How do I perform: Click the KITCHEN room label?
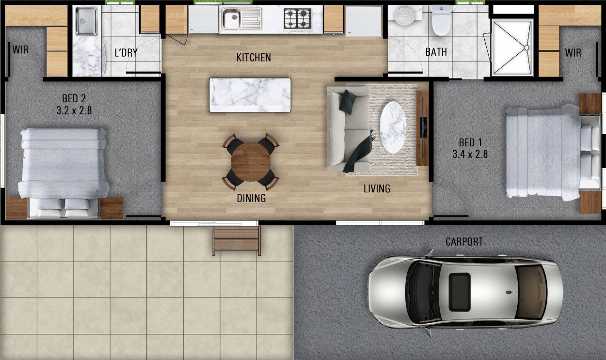[x=254, y=58]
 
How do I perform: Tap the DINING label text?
[x=251, y=198]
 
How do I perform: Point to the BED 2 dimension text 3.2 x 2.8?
[x=74, y=110]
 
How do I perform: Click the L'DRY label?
[x=126, y=53]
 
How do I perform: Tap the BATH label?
[x=436, y=52]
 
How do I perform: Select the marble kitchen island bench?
[x=250, y=95]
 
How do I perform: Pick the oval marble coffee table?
[x=393, y=127]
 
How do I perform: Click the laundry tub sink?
[x=86, y=21]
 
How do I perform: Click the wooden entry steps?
[x=236, y=240]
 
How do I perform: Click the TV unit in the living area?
[x=423, y=128]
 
